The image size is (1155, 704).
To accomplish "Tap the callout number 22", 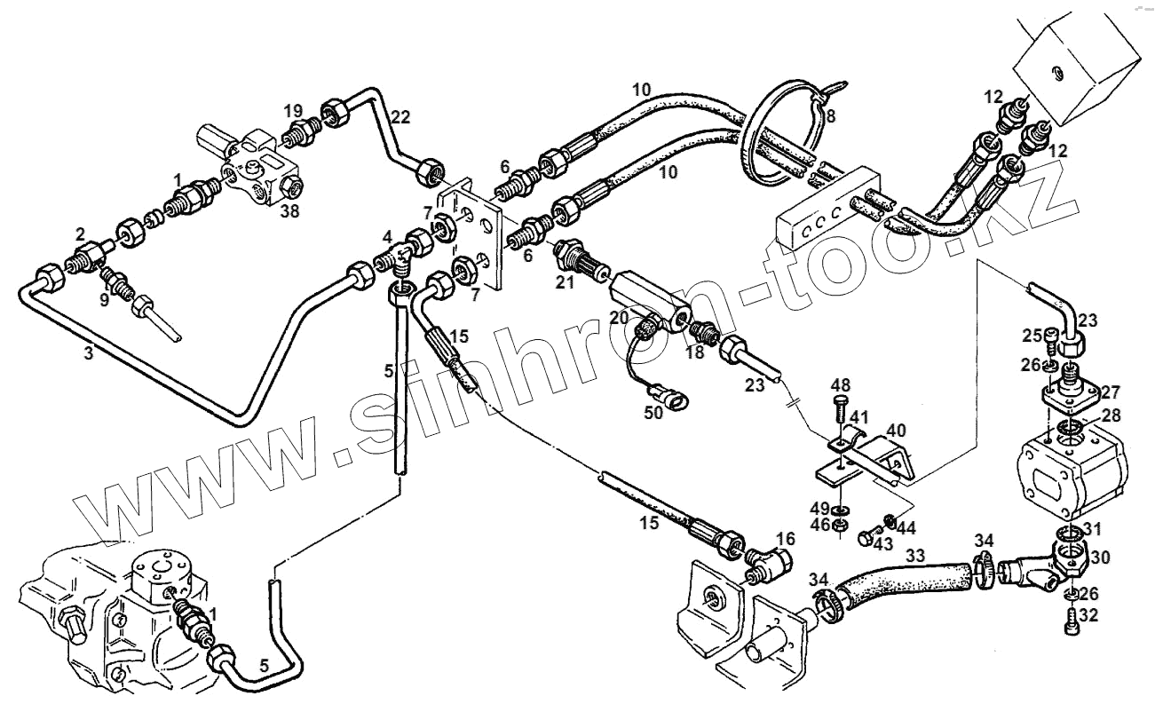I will click(x=401, y=117).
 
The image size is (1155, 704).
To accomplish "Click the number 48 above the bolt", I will click(x=842, y=385).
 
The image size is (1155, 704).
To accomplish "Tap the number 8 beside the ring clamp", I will click(x=830, y=115).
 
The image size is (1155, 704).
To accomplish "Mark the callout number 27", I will click(x=1110, y=392).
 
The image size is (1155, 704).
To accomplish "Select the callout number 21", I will click(x=566, y=281).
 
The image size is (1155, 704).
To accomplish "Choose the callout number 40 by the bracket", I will click(x=896, y=430).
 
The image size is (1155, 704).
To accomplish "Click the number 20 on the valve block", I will click(x=619, y=317).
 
